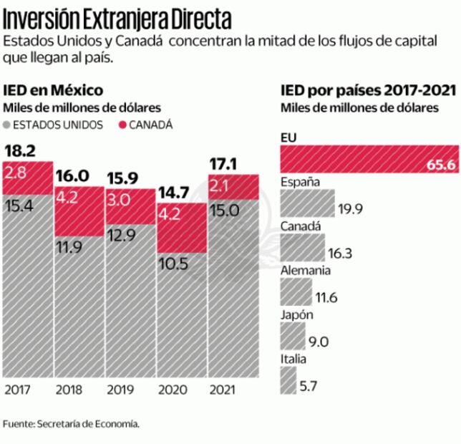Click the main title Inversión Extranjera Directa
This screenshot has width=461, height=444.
click(x=118, y=15)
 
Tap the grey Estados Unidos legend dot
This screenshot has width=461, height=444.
click(x=7, y=125)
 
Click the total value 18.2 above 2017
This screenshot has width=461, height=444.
click(x=19, y=150)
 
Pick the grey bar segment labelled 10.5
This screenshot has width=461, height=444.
click(x=181, y=315)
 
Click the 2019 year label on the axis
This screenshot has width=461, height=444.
click(x=120, y=390)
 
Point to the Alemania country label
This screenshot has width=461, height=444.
click(x=306, y=271)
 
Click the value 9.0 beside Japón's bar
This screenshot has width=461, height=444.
click(x=319, y=342)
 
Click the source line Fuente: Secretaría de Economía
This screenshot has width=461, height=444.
click(x=71, y=423)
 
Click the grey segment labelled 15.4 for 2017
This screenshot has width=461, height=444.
click(x=26, y=286)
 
